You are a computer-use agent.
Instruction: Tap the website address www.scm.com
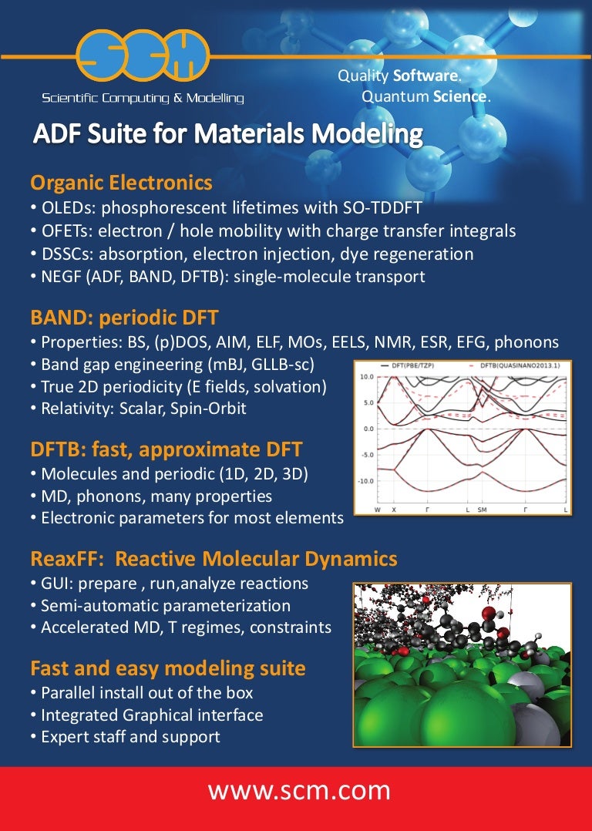(298, 792)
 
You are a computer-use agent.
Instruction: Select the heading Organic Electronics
(121, 183)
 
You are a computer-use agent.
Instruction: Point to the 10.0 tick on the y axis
(367, 376)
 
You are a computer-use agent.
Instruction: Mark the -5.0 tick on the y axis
(367, 455)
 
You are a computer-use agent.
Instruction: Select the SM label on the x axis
(482, 510)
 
